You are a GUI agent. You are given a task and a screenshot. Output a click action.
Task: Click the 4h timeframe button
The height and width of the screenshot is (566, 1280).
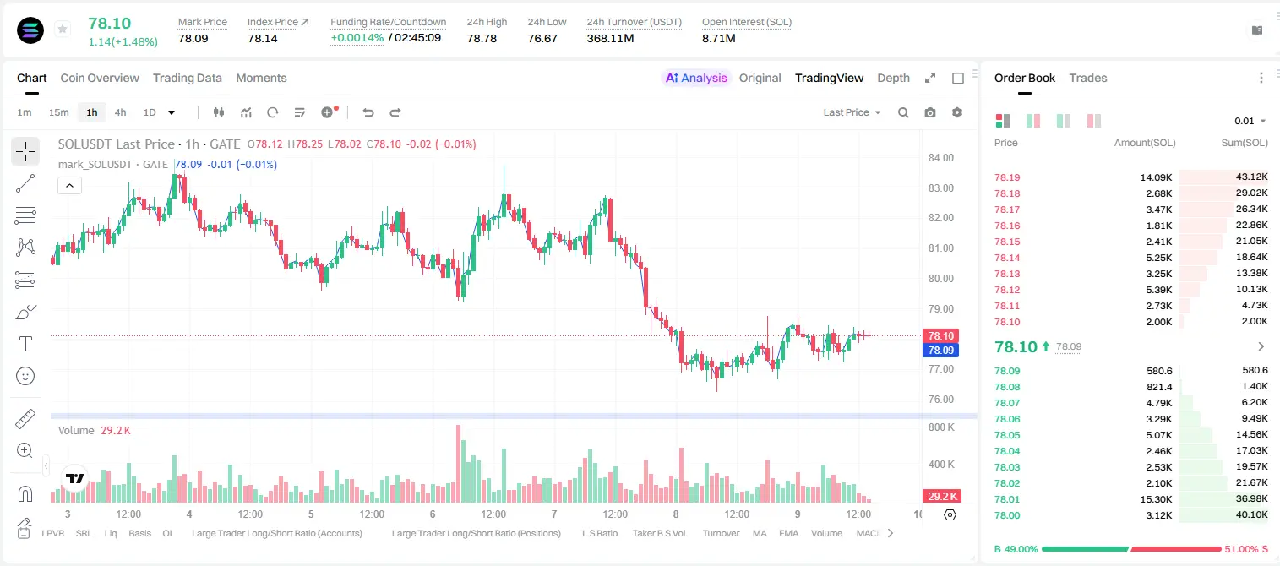(x=120, y=112)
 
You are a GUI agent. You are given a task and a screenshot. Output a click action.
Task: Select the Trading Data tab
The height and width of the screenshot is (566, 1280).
(x=188, y=78)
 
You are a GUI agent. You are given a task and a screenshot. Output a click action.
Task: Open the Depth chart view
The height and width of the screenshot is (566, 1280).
(x=893, y=78)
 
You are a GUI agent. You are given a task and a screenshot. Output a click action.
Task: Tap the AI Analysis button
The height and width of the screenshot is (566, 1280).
(x=696, y=78)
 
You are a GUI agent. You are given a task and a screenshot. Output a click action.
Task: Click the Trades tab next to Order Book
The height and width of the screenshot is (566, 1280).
(x=1088, y=78)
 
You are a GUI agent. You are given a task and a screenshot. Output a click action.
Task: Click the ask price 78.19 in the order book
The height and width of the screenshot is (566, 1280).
(x=1007, y=177)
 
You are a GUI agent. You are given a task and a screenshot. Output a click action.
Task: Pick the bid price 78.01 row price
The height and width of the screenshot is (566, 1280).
(x=1007, y=499)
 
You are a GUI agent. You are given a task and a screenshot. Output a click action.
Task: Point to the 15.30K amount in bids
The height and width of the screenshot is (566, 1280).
(x=1156, y=499)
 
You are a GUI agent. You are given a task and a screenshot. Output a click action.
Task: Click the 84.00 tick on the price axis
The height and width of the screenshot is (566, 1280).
(x=941, y=158)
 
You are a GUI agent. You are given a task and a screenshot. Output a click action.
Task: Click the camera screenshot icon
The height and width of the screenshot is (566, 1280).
(x=930, y=112)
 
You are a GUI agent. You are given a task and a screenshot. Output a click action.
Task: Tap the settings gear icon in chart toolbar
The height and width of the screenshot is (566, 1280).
(x=957, y=112)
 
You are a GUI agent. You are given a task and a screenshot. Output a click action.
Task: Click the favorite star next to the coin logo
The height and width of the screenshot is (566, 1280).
(x=63, y=29)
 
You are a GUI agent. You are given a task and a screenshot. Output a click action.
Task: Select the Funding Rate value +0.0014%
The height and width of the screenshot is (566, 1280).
(x=357, y=38)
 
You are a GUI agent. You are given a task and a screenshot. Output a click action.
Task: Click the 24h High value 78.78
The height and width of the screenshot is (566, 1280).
(x=482, y=38)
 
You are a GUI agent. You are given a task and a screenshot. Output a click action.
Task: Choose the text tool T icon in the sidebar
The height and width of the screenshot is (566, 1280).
(x=25, y=344)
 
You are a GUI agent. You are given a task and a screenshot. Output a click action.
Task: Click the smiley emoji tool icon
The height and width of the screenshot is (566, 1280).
(x=25, y=376)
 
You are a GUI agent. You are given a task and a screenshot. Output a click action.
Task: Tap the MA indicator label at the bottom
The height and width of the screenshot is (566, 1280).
(x=760, y=533)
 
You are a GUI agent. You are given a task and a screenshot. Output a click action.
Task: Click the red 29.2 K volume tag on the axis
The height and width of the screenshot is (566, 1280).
(x=942, y=497)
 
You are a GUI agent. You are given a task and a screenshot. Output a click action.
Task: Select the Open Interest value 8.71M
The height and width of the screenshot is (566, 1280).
(x=719, y=38)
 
